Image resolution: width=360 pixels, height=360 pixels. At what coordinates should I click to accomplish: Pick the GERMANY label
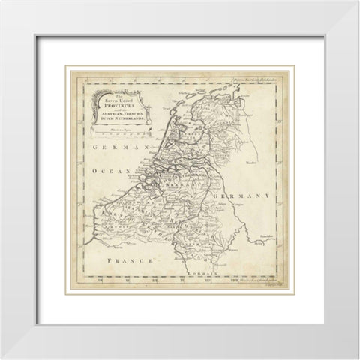[x=244, y=196]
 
